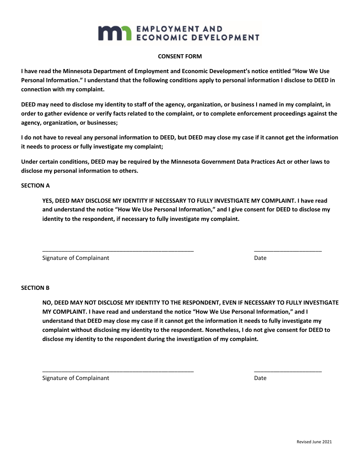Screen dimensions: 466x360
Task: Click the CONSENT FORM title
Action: (180, 56)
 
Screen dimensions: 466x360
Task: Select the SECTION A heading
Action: (35, 186)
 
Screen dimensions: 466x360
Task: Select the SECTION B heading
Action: (35, 288)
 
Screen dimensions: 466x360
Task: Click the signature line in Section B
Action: (118, 371)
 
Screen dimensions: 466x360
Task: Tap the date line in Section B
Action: (288, 371)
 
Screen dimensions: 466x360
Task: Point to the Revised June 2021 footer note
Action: (314, 442)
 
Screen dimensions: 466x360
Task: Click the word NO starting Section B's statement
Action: (46, 303)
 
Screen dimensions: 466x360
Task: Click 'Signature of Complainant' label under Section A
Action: (76, 258)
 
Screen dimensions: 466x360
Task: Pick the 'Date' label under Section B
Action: (260, 378)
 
